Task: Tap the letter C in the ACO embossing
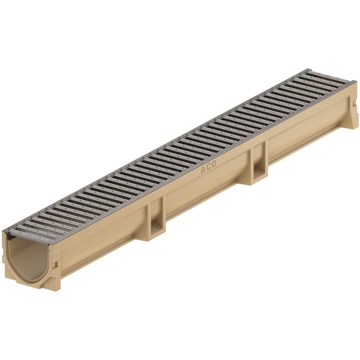tap(208, 167)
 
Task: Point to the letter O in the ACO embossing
tap(213, 164)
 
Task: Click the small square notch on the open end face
tap(57, 266)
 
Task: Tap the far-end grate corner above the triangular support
tap(354, 83)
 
